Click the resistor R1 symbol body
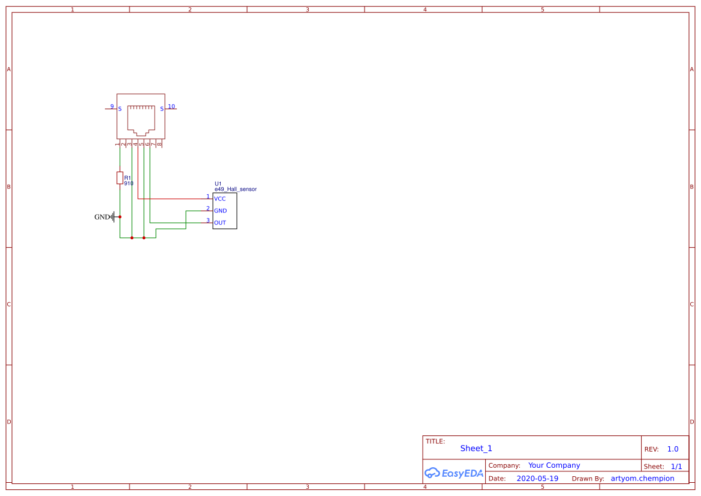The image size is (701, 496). (120, 178)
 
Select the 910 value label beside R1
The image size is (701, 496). (129, 184)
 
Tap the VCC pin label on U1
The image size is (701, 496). (220, 199)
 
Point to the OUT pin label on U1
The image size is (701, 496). (220, 223)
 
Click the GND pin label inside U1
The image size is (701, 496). (221, 211)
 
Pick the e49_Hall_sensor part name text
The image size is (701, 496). (236, 189)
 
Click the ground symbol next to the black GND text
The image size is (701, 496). (113, 217)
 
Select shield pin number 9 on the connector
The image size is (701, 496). (112, 106)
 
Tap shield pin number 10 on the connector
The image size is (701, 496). (172, 106)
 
